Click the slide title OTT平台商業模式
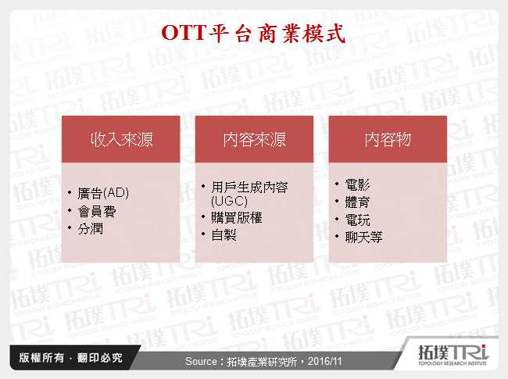pyautogui.click(x=253, y=32)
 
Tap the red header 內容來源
pyautogui.click(x=254, y=140)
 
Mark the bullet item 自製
pyautogui.click(x=224, y=234)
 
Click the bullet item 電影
pyautogui.click(x=357, y=185)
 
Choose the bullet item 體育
pyautogui.click(x=357, y=202)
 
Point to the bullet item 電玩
pyautogui.click(x=357, y=219)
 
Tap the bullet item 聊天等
pyautogui.click(x=363, y=236)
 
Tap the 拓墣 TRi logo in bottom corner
pyautogui.click(x=450, y=356)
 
